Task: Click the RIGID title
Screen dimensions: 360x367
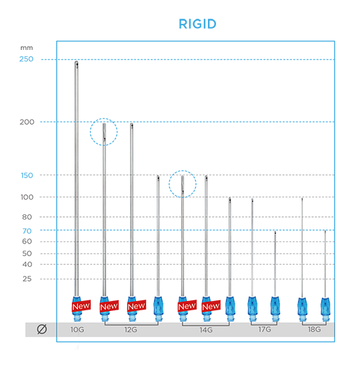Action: point(197,24)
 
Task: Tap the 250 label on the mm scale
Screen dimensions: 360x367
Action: point(26,59)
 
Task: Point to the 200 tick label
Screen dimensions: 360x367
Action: point(27,122)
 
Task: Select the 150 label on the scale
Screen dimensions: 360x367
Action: point(27,175)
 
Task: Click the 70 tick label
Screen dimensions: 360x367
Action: point(27,231)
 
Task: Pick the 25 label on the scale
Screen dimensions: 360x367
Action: point(27,279)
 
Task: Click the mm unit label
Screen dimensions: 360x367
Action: point(27,48)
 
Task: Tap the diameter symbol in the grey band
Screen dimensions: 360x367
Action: point(42,329)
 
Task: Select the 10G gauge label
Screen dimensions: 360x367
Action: point(77,330)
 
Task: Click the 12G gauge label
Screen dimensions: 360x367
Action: point(131,330)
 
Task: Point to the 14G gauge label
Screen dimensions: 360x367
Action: point(206,330)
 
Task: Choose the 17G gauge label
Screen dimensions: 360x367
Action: point(265,330)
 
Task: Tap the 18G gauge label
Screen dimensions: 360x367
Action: point(314,330)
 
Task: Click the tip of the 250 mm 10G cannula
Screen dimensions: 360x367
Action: point(77,62)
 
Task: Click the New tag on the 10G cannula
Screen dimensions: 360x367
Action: point(81,306)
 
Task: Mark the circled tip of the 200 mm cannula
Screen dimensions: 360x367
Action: point(104,124)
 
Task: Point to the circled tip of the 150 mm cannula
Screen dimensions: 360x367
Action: point(183,176)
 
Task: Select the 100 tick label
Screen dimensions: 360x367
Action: point(27,197)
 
